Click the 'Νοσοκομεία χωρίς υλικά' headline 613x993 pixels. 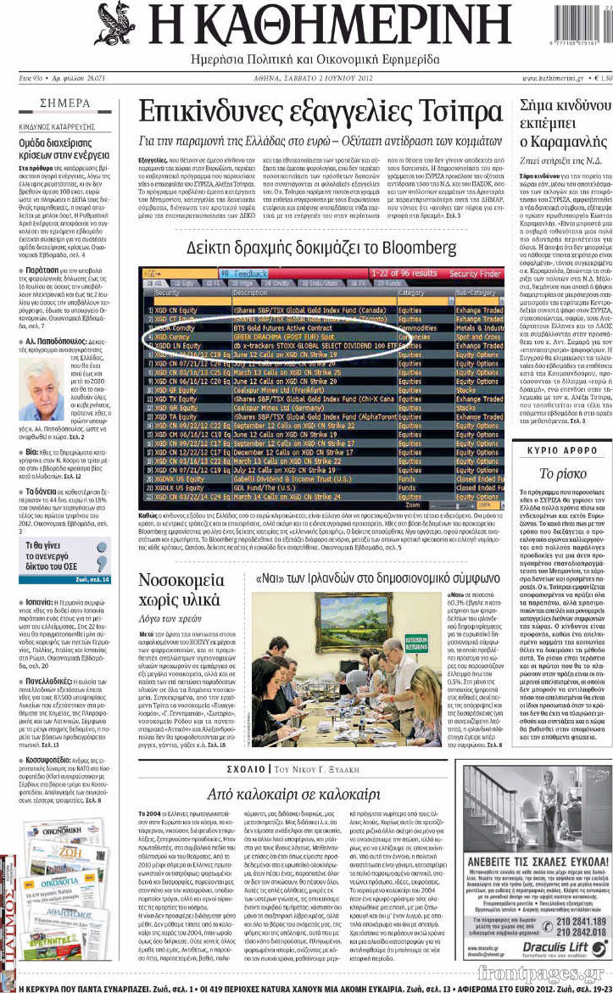tap(187, 591)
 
